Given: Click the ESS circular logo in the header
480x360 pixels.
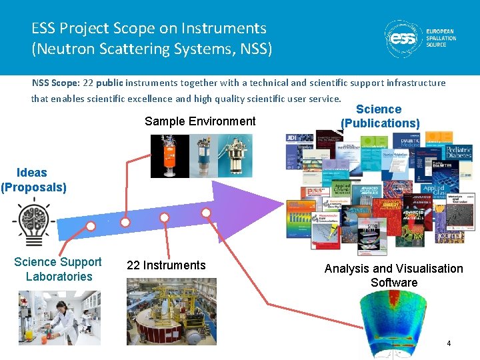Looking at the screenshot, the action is (x=403, y=39).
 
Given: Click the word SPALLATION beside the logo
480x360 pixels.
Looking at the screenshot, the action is (x=441, y=39).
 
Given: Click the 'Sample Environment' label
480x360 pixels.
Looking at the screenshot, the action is (x=200, y=121).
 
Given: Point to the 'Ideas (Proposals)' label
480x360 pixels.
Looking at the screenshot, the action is (x=33, y=180).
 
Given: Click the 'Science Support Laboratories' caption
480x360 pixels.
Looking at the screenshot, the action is (x=58, y=269).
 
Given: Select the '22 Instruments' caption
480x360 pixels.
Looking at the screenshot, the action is (x=166, y=265).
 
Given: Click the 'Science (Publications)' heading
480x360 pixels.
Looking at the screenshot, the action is (x=379, y=116).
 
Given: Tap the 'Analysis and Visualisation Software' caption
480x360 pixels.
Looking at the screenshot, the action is (x=393, y=275).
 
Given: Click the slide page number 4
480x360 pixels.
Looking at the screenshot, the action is (x=449, y=344).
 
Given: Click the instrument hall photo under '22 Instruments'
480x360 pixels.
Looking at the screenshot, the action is (x=171, y=311).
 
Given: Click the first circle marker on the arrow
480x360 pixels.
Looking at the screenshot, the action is (x=91, y=226).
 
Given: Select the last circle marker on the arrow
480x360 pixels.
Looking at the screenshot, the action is (x=207, y=213).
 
